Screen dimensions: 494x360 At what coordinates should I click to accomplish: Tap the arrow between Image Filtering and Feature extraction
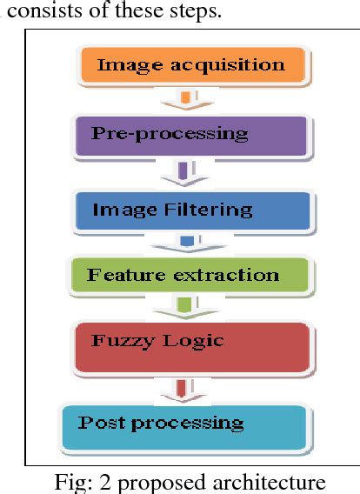186,243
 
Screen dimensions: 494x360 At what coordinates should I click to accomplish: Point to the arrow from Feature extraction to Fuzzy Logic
184,308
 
